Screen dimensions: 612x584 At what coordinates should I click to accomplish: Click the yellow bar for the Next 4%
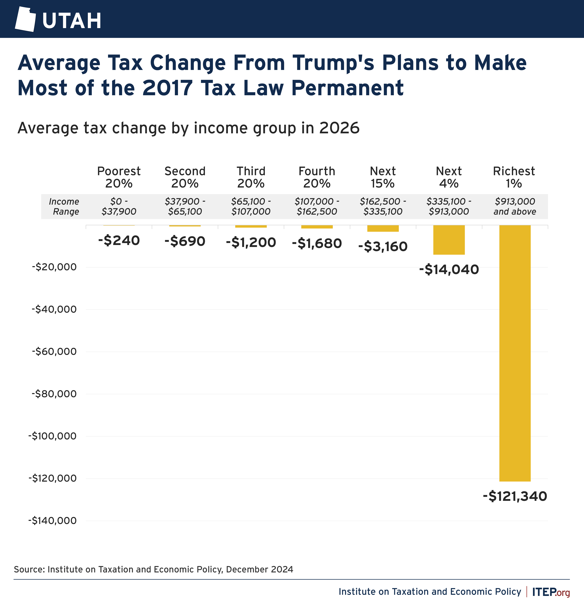pos(449,240)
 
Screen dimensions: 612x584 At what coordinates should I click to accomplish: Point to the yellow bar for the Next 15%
pos(383,228)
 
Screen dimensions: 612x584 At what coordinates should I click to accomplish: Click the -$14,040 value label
pos(449,269)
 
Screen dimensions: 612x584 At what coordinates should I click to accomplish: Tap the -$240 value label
pos(119,240)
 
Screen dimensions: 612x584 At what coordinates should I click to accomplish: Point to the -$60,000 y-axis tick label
pos(54,351)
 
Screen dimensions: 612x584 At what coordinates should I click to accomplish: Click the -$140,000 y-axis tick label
pos(52,521)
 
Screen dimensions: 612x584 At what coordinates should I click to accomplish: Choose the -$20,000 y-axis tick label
pos(54,267)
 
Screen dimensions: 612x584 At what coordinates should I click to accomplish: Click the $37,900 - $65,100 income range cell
pos(185,206)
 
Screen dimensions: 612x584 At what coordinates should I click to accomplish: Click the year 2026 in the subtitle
pos(339,128)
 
